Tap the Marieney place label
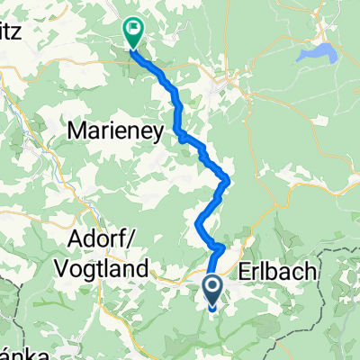(114, 132)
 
